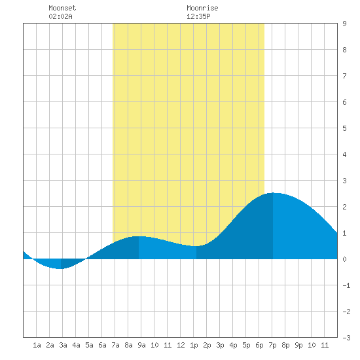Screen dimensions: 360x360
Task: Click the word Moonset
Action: tap(62, 8)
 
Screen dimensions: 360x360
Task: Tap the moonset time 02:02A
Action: tap(61, 16)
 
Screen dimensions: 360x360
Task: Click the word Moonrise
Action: tap(202, 8)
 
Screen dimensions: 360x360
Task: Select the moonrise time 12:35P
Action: tap(198, 16)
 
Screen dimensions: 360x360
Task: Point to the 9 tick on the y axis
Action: tap(344, 24)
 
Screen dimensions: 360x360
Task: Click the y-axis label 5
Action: tap(344, 128)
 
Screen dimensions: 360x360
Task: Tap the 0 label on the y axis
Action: tap(344, 259)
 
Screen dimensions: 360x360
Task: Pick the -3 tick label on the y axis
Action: tap(346, 338)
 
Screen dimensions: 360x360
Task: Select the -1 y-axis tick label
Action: tap(346, 285)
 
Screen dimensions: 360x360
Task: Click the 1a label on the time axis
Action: tap(37, 345)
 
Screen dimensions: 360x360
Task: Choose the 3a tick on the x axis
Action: tap(63, 345)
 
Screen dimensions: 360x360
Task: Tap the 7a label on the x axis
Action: tap(115, 345)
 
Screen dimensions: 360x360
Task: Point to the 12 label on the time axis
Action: tap(181, 345)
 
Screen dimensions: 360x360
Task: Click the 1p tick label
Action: tap(194, 345)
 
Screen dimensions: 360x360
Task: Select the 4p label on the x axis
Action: tap(233, 345)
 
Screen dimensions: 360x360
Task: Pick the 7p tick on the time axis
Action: tap(272, 345)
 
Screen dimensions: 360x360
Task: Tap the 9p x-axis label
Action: tap(298, 345)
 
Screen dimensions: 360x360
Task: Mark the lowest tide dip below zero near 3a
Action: tap(60, 268)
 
